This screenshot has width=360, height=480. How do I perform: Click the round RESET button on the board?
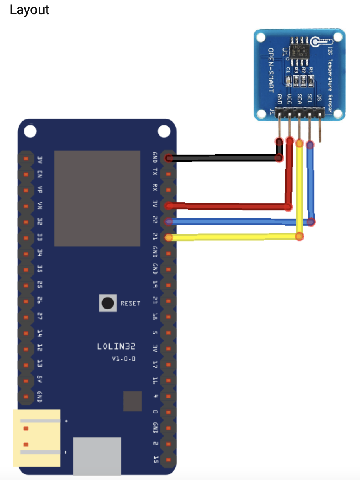tap(107, 303)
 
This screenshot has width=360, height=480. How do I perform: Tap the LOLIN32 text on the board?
tap(116, 347)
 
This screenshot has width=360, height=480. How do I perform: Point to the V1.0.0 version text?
tap(124, 359)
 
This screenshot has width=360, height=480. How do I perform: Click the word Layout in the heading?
tap(29, 10)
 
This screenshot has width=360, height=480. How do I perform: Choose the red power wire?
tap(229, 206)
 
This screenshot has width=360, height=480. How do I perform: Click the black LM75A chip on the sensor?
tap(300, 51)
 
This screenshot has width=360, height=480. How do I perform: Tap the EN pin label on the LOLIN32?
tap(39, 174)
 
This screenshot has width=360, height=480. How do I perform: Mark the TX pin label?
tap(155, 172)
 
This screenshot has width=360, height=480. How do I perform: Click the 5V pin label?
tap(39, 380)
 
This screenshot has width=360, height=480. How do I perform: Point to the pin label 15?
tap(155, 459)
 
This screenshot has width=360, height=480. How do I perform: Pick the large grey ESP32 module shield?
tap(97, 198)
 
